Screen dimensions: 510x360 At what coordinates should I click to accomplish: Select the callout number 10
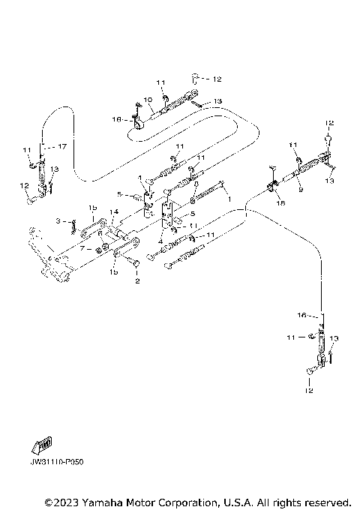coord(148,99)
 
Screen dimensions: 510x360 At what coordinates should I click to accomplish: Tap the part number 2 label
coord(136,282)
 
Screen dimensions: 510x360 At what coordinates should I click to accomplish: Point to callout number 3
coord(66,220)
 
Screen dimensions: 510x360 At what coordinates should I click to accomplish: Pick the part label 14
coord(114,212)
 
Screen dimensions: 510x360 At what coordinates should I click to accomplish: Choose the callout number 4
coord(160,241)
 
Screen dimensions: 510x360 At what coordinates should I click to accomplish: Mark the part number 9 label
coord(300,190)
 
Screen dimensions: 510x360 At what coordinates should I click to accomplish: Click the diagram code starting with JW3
coord(57,462)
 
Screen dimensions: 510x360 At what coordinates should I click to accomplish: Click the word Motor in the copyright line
coord(142,501)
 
